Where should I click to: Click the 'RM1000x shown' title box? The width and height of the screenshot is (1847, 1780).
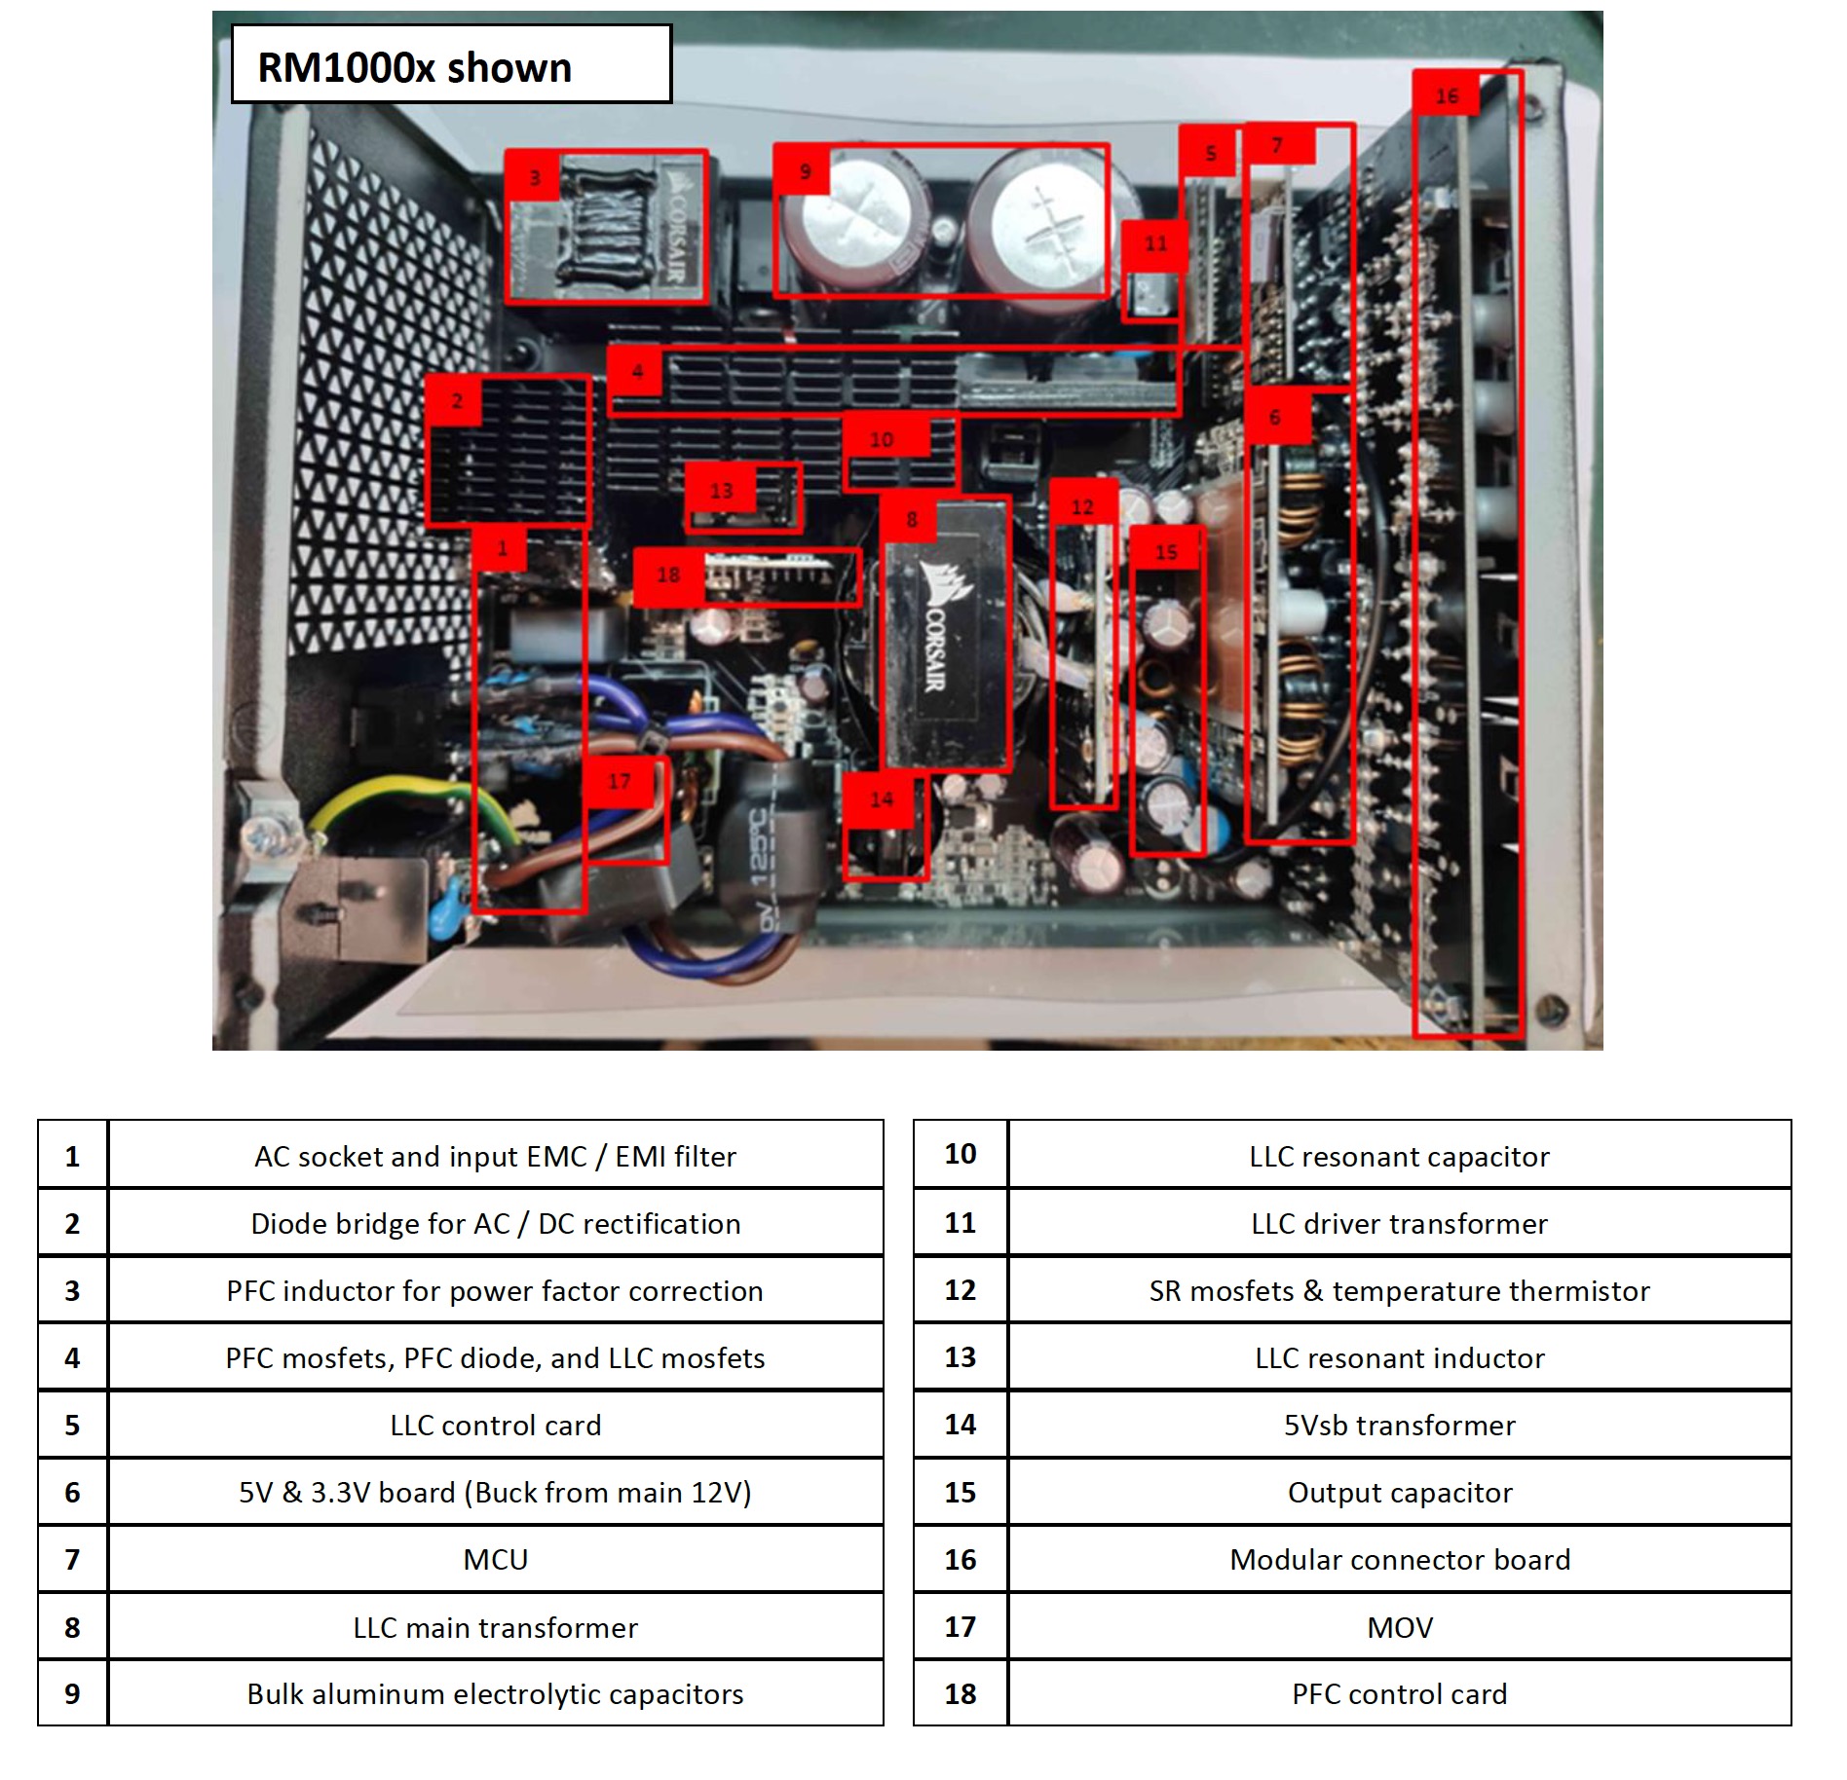[451, 64]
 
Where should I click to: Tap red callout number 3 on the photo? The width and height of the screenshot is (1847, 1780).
[534, 177]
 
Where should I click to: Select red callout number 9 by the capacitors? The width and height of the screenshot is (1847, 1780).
[805, 171]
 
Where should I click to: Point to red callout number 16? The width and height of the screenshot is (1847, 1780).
[1447, 95]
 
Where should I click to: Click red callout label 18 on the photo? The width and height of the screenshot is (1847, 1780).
[668, 575]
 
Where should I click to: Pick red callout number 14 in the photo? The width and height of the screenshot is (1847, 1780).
[882, 799]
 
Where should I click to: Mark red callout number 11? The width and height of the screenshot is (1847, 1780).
[1155, 243]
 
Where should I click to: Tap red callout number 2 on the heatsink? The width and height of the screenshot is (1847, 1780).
[457, 400]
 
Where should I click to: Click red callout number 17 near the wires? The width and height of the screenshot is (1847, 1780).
[620, 781]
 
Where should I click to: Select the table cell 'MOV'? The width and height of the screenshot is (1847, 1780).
[1399, 1627]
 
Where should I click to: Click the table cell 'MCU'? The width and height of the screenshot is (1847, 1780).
[495, 1560]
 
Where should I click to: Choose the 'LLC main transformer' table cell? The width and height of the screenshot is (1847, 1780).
[495, 1627]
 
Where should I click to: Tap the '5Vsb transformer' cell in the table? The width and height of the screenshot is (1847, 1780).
[1399, 1426]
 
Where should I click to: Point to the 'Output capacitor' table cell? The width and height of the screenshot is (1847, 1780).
[1399, 1493]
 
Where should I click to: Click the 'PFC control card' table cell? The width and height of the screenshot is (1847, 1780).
[1399, 1694]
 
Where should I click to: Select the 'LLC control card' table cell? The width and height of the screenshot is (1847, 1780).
[495, 1426]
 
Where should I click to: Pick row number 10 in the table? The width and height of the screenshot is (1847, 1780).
[961, 1155]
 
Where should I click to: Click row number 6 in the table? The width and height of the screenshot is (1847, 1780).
[72, 1493]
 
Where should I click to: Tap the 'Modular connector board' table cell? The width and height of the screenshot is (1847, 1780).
[1399, 1560]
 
